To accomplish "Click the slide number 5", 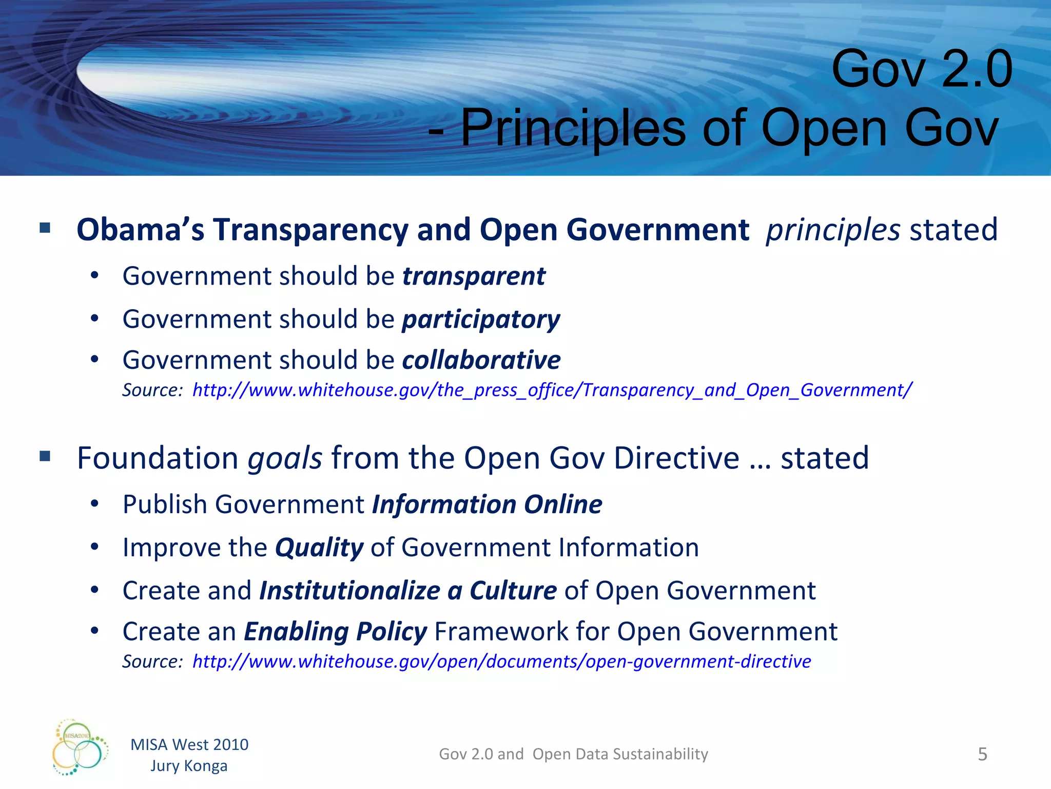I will coord(982,754).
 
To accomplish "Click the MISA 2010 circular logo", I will coord(80,747).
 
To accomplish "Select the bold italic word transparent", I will coord(474,276).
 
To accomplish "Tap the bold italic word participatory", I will coord(481,320).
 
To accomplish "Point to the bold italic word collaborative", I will coord(481,360).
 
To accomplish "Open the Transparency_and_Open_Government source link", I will coord(552,390).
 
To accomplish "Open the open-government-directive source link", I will coord(501,662).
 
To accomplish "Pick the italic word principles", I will coord(832,230).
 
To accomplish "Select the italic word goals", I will coord(285,458).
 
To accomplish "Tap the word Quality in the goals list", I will coord(319,548).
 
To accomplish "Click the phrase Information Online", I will coord(486,504).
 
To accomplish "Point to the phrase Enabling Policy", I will coord(335,632).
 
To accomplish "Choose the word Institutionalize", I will coord(349,591).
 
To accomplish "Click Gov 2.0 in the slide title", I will coord(922,69).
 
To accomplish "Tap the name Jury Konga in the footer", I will coord(189,766).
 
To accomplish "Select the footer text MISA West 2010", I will coord(189,745).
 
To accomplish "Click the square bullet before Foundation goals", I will coord(45,456).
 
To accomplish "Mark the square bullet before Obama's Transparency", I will coord(45,228).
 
